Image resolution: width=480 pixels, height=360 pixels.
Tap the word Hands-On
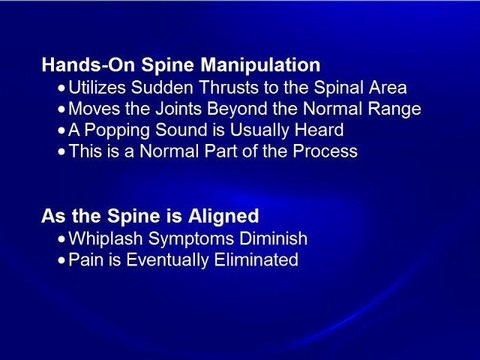tap(81, 66)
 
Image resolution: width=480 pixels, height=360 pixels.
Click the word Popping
tap(123, 130)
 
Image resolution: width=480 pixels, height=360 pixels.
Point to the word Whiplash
tap(107, 239)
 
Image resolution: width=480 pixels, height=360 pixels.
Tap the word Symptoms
tap(196, 239)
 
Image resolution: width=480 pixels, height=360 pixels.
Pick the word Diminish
tap(277, 239)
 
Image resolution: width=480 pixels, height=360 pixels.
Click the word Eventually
tap(170, 260)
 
